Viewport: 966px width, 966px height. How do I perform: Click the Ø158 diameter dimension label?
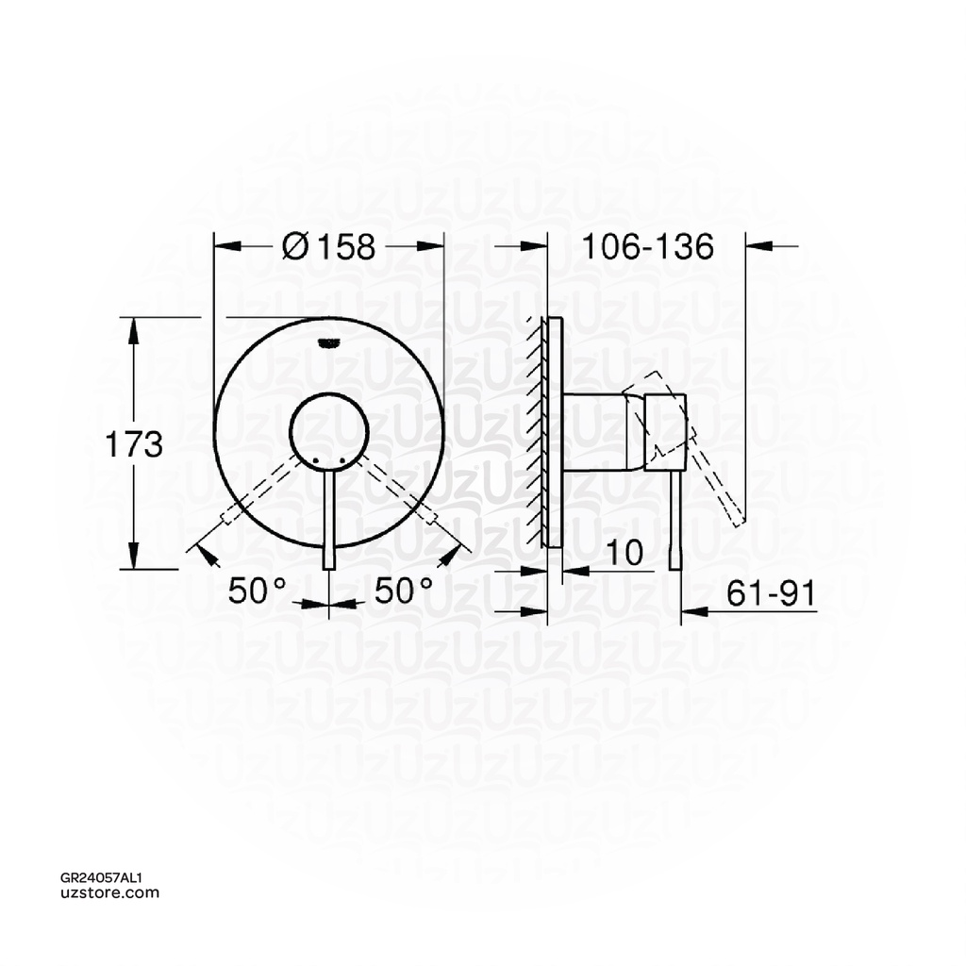[x=329, y=246]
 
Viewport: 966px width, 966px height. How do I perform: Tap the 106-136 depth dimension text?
[x=647, y=246]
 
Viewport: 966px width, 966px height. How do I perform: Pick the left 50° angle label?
[x=257, y=591]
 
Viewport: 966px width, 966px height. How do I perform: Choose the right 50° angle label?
[x=404, y=591]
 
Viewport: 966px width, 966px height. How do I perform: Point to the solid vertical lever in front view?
[x=328, y=519]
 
